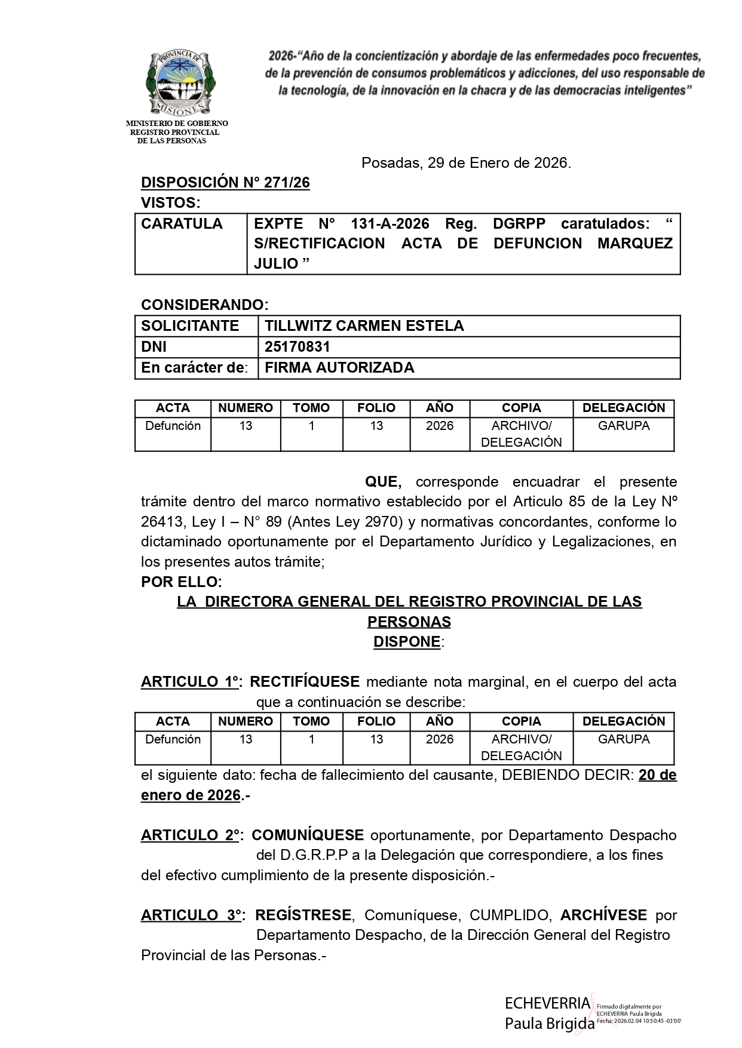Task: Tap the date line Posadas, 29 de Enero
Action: [466, 163]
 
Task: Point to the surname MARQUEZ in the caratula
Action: [634, 244]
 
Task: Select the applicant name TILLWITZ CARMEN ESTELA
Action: [364, 326]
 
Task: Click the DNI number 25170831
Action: [298, 347]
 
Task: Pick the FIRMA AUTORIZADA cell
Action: [339, 368]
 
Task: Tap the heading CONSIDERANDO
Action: [204, 305]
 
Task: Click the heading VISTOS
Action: [170, 203]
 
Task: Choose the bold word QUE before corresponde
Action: [383, 482]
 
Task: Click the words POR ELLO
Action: [181, 582]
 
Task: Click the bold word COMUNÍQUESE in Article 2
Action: [308, 835]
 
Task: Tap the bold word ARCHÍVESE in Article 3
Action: [603, 915]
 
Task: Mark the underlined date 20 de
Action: [657, 776]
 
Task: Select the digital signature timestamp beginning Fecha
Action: [638, 1021]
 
